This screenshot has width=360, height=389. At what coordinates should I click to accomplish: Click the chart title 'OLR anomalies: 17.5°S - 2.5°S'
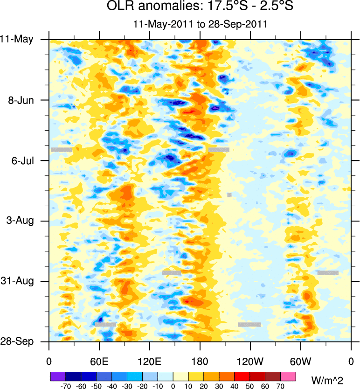click(200, 7)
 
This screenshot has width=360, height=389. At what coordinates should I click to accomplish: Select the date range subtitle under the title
click(200, 24)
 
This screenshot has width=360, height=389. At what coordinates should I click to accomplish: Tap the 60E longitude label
click(99, 361)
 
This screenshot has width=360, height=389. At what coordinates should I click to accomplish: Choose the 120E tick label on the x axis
click(150, 361)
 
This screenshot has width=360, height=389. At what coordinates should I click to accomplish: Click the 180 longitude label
click(200, 361)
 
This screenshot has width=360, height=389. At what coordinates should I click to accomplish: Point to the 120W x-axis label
click(250, 361)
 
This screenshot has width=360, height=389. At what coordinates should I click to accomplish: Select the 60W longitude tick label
click(301, 361)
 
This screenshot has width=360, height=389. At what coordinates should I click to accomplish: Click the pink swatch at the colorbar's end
click(288, 376)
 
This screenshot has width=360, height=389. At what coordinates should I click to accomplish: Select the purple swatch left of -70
click(57, 376)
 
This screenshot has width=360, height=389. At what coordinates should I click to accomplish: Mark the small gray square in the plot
click(229, 195)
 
